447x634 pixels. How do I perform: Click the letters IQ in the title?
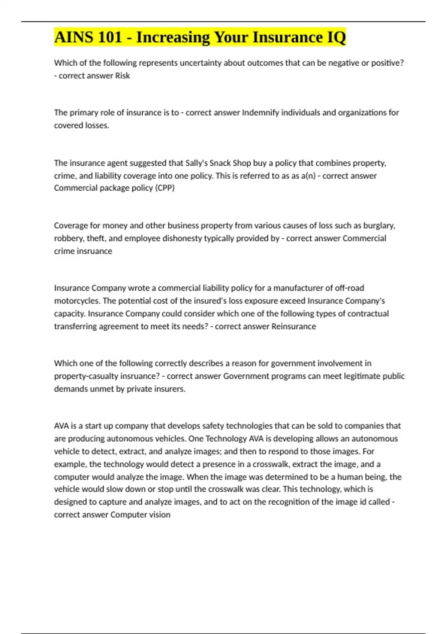tap(336, 37)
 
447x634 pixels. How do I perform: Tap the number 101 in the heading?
tap(110, 37)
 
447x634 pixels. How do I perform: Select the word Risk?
tap(122, 76)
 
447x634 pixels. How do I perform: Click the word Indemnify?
tap(260, 113)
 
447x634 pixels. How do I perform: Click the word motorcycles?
tap(77, 301)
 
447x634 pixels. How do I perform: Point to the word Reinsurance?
tap(294, 326)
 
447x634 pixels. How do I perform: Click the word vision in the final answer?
tap(159, 515)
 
